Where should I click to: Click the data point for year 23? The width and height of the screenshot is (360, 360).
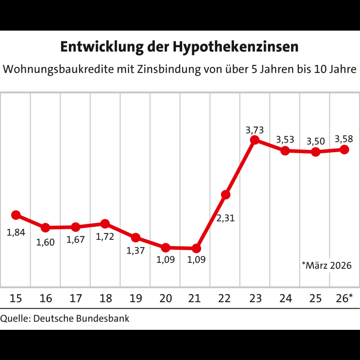(255, 140)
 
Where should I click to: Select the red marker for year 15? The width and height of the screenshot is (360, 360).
(16, 215)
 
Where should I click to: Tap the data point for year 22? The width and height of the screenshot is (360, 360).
(225, 195)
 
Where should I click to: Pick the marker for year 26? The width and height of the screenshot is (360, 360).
(344, 150)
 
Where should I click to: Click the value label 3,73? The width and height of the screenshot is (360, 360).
(255, 130)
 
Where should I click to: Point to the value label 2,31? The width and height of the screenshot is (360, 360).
(225, 218)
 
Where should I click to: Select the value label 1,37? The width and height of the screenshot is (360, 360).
(136, 251)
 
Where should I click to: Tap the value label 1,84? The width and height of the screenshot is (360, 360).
(16, 232)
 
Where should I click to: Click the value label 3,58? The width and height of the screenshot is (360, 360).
(344, 139)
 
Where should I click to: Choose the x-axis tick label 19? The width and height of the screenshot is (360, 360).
(136, 298)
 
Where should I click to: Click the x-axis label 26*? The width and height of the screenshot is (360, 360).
(344, 298)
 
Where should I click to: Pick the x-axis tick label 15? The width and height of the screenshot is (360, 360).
(16, 298)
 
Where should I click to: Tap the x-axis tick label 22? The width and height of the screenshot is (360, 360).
(224, 298)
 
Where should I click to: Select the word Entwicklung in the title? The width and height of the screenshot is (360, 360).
(102, 47)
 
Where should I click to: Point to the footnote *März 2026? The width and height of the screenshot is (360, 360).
(327, 265)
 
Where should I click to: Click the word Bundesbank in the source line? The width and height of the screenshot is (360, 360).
(103, 319)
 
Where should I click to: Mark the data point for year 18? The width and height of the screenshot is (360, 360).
(105, 224)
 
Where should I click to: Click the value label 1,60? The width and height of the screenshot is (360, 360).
(45, 242)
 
